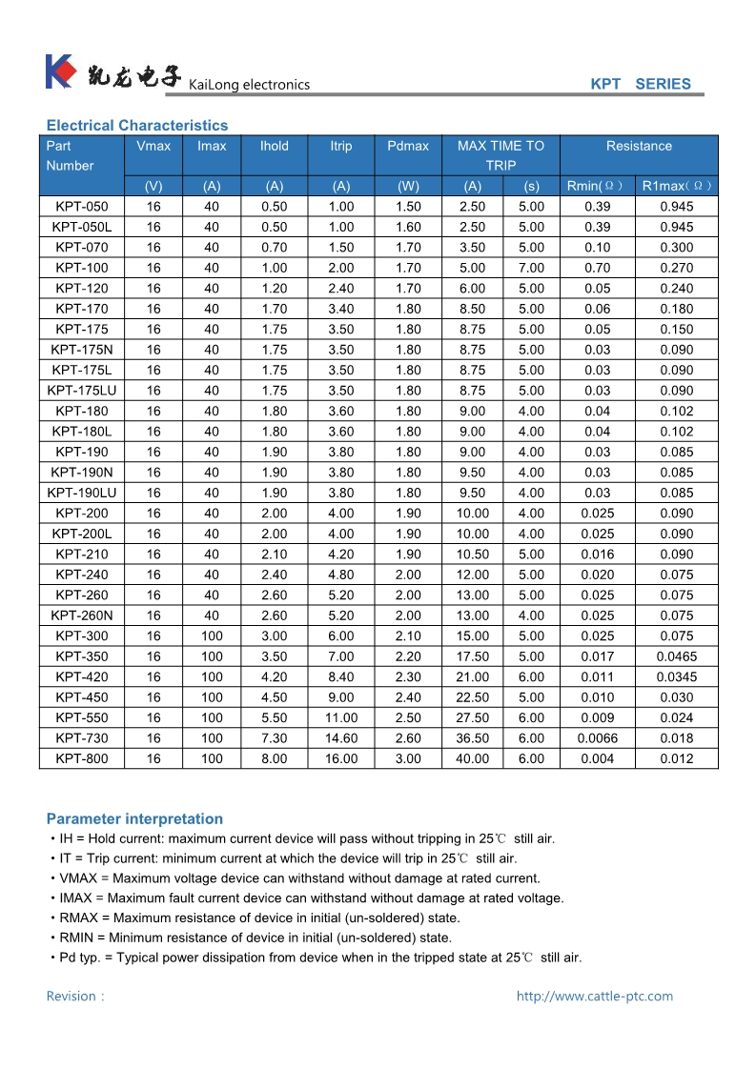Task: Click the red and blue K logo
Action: pyautogui.click(x=60, y=71)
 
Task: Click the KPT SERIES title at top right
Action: pyautogui.click(x=640, y=84)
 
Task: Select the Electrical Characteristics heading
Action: pyautogui.click(x=137, y=125)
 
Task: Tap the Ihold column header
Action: pyautogui.click(x=275, y=146)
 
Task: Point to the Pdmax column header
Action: pyautogui.click(x=408, y=146)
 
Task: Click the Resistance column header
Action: pyautogui.click(x=639, y=146)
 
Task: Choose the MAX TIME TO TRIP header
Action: pyautogui.click(x=501, y=155)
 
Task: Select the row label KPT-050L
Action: pyautogui.click(x=82, y=227)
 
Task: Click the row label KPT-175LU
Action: pyautogui.click(x=82, y=391)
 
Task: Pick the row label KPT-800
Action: pyautogui.click(x=82, y=758)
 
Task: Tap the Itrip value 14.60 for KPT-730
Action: pyautogui.click(x=341, y=738)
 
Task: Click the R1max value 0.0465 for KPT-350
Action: pyautogui.click(x=677, y=656)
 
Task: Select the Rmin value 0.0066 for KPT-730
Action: pyautogui.click(x=598, y=738)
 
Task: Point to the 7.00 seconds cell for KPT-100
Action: pyautogui.click(x=531, y=268)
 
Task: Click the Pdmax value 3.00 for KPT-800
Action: pyautogui.click(x=408, y=758)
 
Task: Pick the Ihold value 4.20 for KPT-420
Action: pyautogui.click(x=275, y=677)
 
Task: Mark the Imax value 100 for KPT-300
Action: pyautogui.click(x=212, y=636)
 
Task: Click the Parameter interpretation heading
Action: pyautogui.click(x=134, y=818)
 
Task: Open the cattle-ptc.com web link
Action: pyautogui.click(x=595, y=997)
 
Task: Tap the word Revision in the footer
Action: pyautogui.click(x=72, y=997)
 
